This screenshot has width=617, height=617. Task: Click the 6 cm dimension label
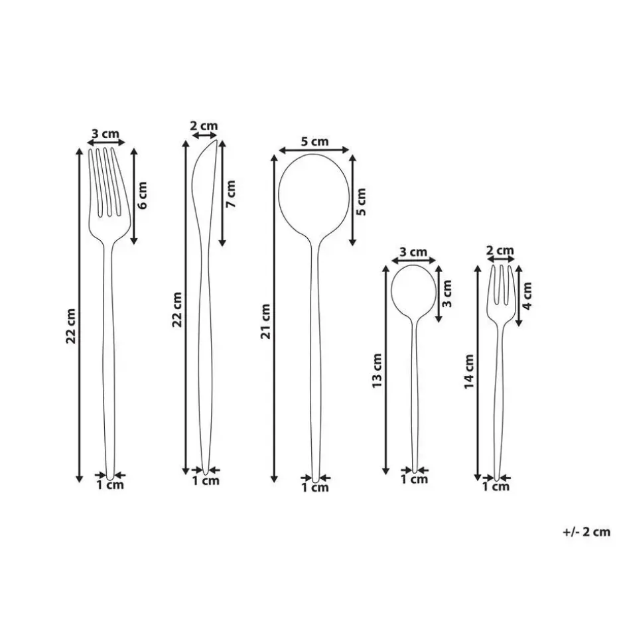click(x=143, y=195)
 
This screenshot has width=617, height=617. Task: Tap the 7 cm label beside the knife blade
click(x=231, y=194)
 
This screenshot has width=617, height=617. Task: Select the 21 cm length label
click(x=266, y=321)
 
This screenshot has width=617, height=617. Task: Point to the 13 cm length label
click(x=377, y=370)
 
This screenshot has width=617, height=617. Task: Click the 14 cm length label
click(x=469, y=372)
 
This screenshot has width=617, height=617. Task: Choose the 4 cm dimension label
click(x=527, y=295)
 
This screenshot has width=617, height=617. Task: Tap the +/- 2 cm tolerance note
click(x=586, y=532)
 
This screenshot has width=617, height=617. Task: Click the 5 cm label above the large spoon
click(x=314, y=141)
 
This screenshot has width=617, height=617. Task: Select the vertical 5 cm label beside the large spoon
click(x=360, y=202)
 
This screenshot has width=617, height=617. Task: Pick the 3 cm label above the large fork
click(x=105, y=134)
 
